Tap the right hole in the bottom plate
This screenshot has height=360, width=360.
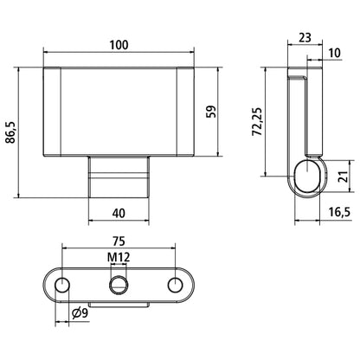[176, 285]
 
